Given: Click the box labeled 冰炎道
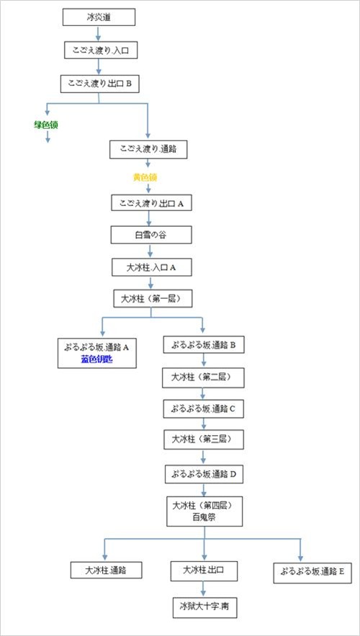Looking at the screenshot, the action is click(99, 17).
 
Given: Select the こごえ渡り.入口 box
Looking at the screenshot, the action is click(99, 50).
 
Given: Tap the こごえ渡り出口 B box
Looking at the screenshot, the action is click(99, 84).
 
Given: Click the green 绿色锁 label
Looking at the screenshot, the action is click(46, 125).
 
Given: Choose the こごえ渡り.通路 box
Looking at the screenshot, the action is click(148, 148).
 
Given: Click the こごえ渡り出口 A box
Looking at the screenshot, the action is click(151, 203).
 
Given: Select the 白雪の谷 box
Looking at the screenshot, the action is click(151, 236).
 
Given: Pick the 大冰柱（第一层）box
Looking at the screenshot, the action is click(151, 299).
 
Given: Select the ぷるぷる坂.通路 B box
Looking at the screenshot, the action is click(203, 345).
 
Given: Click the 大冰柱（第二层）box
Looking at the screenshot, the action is click(203, 377).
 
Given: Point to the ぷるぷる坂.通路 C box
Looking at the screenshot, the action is click(203, 409).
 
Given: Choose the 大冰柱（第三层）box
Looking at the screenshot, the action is click(203, 439).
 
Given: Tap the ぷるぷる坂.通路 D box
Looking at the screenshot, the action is click(204, 474).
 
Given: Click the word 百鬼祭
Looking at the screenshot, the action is click(204, 516).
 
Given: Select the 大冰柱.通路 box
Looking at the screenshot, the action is click(107, 570).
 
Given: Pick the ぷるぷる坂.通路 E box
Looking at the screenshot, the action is click(312, 573).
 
